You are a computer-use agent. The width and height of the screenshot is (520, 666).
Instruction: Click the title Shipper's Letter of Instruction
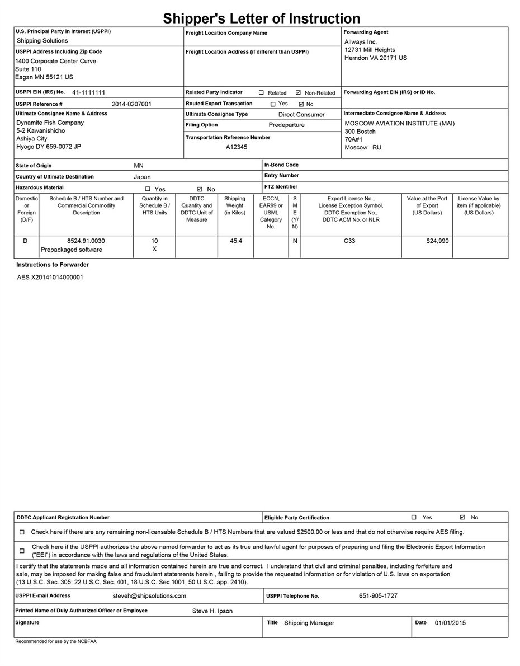262,19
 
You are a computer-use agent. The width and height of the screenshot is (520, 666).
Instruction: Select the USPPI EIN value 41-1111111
89,92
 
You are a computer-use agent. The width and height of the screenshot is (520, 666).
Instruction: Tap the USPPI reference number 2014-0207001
131,104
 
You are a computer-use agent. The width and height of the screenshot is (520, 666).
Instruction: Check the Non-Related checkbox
298,93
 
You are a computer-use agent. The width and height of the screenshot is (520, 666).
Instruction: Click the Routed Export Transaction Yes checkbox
273,104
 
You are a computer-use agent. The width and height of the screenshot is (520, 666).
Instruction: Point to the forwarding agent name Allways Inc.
361,42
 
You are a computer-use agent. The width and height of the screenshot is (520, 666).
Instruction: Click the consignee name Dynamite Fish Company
50,123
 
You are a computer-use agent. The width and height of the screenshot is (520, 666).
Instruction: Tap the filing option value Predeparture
286,125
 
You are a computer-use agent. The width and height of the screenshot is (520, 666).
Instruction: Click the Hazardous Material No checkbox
200,189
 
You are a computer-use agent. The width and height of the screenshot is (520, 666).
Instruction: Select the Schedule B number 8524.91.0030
86,241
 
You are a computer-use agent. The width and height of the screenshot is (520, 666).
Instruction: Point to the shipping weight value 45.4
235,241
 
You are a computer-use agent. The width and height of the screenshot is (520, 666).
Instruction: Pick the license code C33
350,241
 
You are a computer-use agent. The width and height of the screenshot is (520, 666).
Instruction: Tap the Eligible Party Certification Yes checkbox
414,518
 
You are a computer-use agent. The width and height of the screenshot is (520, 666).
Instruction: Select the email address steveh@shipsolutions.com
149,596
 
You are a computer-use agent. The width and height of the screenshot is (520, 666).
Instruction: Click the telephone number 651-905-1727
378,596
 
